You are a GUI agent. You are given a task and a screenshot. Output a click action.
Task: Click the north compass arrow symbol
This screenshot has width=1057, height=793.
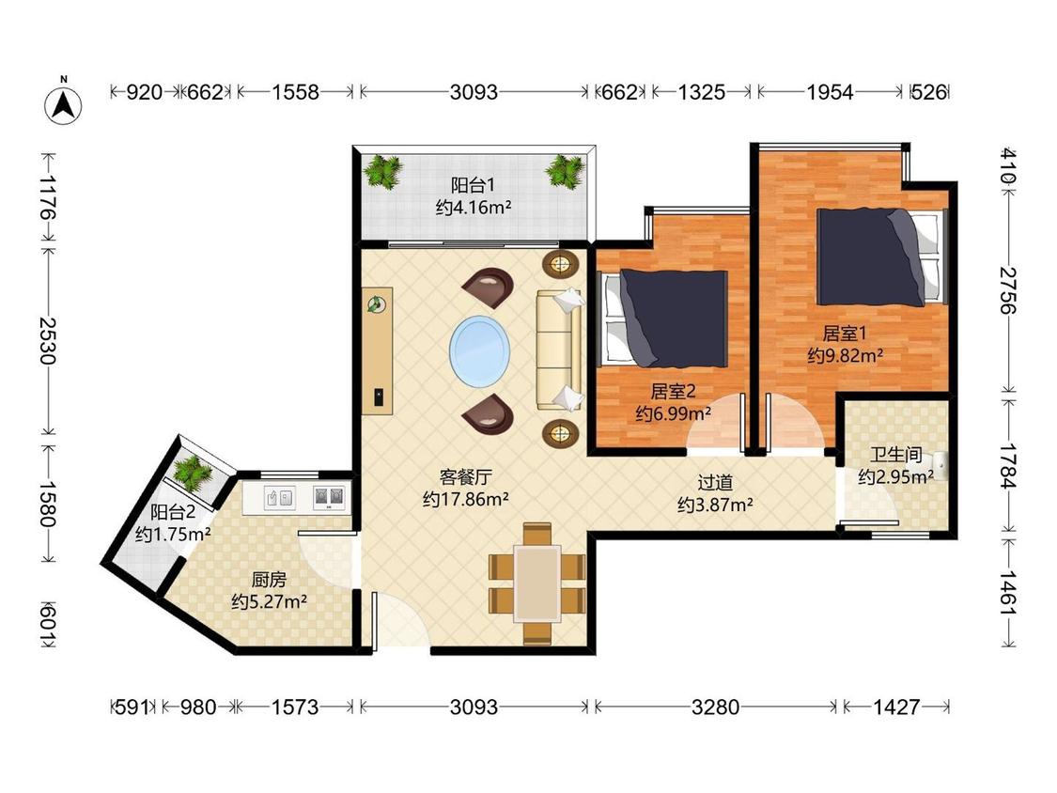tap(63, 104)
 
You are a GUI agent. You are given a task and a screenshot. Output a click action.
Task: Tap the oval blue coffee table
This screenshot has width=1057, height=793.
tap(480, 350)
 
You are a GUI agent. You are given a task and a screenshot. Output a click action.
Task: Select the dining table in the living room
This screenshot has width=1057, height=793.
tap(537, 584)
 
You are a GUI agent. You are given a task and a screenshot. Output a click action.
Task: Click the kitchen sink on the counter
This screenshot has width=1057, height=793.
tap(279, 498)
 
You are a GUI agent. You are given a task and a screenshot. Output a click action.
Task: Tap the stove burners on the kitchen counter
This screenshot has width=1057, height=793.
tap(329, 498)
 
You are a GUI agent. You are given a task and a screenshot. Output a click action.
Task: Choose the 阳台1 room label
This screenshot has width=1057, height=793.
tap(473, 185)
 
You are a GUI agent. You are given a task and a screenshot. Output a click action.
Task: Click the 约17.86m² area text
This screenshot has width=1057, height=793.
tap(466, 500)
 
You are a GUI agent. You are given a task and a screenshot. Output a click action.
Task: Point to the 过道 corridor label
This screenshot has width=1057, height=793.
tap(715, 483)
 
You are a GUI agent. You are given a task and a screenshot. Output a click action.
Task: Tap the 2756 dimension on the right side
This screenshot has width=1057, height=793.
tap(1007, 290)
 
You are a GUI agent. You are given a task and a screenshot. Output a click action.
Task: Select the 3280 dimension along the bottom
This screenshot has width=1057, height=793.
tap(715, 707)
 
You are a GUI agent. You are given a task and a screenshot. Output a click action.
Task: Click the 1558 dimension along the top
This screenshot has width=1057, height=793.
tap(295, 92)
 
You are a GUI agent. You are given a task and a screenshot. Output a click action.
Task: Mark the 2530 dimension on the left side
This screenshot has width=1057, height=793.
tap(47, 340)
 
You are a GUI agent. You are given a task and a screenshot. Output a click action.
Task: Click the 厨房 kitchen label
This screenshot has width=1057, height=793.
tap(269, 579)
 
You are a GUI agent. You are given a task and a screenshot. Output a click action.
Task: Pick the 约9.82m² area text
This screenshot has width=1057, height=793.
tap(846, 355)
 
